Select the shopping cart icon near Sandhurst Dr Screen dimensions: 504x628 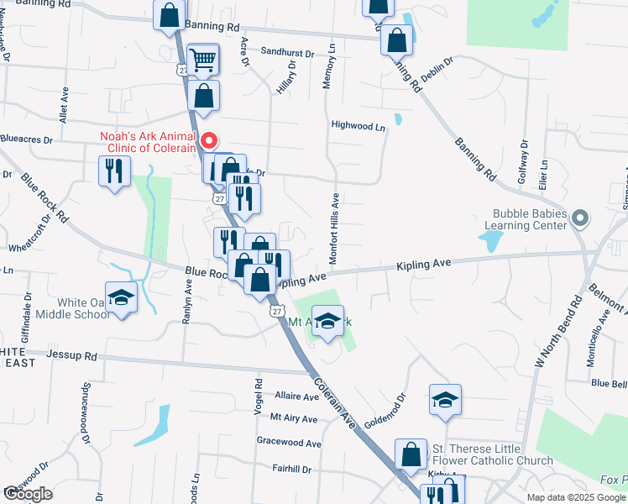click(203, 60)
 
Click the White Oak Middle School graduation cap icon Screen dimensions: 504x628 click(121, 297)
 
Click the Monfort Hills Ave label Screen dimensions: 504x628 click(333, 228)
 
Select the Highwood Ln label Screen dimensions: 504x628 click(358, 126)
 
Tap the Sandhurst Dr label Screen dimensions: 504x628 click(287, 53)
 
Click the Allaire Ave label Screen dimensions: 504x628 click(294, 395)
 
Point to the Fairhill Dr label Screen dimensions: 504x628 click(291, 469)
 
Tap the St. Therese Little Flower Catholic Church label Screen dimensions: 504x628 click(492, 454)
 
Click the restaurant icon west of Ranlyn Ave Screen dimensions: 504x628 click(112, 171)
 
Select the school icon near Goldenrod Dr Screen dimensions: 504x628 click(445, 399)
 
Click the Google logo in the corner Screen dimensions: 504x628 click(28, 494)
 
